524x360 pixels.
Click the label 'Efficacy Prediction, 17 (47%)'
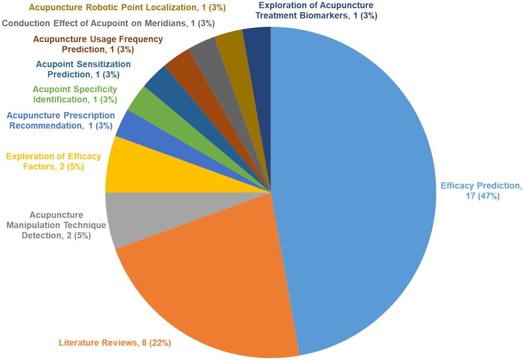pyautogui.click(x=481, y=191)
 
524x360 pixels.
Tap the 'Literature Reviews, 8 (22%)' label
pyautogui.click(x=115, y=343)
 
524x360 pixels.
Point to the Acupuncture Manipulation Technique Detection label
pyautogui.click(x=56, y=225)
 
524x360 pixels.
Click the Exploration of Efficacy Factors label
pyautogui.click(x=54, y=161)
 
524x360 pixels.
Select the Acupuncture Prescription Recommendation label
pyautogui.click(x=61, y=120)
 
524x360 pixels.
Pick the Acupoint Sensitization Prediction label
pyautogui.click(x=83, y=69)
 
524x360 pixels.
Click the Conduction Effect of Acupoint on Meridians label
pyautogui.click(x=108, y=23)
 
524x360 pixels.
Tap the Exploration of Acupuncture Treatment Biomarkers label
pyautogui.click(x=316, y=11)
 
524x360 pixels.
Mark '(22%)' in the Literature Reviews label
pyautogui.click(x=160, y=343)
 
